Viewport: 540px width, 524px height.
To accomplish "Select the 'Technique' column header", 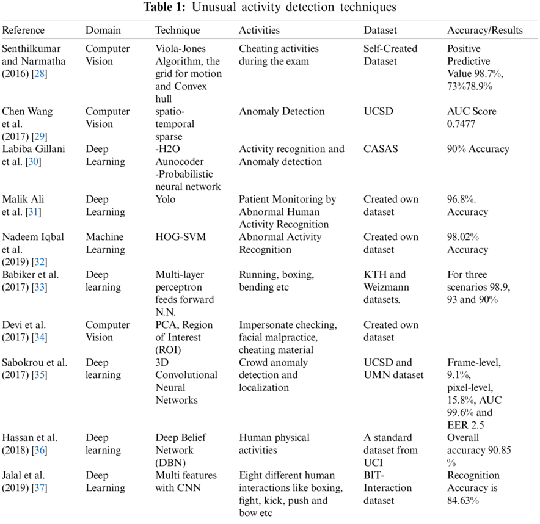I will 177,30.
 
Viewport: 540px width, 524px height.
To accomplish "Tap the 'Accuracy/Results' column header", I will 485,30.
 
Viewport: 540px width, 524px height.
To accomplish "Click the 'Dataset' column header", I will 380,30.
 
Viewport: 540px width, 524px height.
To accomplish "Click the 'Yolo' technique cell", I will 166,199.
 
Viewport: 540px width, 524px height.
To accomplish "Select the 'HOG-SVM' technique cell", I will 181,237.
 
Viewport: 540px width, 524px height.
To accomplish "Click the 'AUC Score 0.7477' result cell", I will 472,118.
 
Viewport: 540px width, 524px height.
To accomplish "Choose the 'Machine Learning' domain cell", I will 104,243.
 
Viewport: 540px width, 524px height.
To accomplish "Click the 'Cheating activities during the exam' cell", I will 274,55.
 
